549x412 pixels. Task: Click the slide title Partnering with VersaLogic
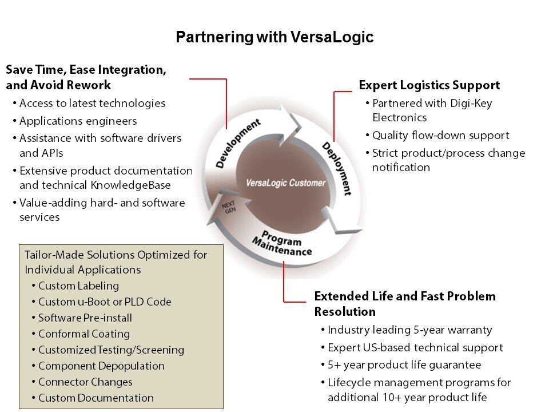click(274, 38)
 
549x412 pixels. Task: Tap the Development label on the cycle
click(238, 143)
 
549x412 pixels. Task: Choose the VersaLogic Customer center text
click(285, 183)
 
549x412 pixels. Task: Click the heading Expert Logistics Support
click(429, 85)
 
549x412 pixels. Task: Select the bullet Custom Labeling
click(78, 286)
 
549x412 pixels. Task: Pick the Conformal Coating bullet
click(84, 334)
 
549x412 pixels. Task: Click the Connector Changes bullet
click(85, 382)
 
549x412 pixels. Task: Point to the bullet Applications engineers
click(78, 121)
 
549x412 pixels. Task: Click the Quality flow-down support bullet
click(440, 136)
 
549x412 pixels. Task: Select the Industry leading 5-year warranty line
click(409, 330)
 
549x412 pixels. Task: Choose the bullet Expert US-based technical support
click(415, 347)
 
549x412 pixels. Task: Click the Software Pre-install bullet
click(85, 318)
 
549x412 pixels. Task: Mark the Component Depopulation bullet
click(101, 366)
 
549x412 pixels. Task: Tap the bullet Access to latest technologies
click(92, 104)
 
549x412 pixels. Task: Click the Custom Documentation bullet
click(96, 398)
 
